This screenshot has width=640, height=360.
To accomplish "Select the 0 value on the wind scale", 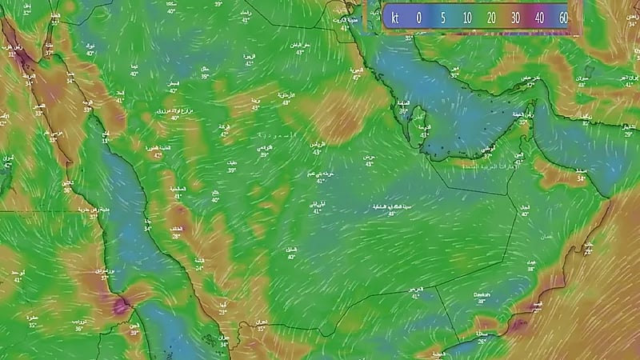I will click(418, 17).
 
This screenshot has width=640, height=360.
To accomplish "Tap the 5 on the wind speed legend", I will click(442, 17).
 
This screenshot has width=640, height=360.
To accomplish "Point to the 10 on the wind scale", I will click(466, 17).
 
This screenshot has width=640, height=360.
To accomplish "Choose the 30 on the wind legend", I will click(515, 17).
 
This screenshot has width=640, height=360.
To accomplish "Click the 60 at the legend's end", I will click(563, 17).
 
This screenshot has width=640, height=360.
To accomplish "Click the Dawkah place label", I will click(482, 294).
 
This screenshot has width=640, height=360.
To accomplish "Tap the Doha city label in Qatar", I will click(426, 128).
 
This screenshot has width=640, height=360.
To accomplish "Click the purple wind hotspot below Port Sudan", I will click(122, 305).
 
